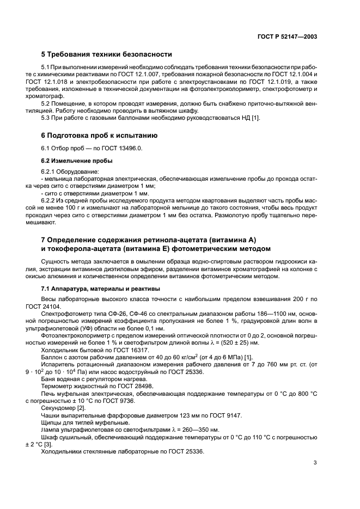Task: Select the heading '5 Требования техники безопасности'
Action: click(107, 54)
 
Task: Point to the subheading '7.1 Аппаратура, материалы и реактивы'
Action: click(100, 288)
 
